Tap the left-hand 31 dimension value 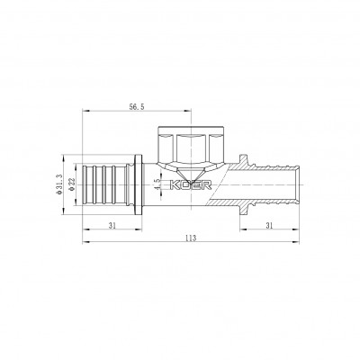point(112,225)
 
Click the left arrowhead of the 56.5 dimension point(86,111)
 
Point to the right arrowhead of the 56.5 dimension point(192,111)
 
